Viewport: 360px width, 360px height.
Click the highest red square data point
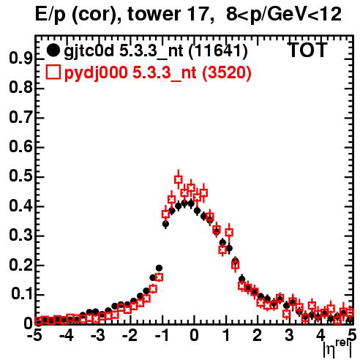[179, 179]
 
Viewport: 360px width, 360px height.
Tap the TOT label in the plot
[308, 50]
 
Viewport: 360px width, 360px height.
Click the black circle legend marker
[53, 50]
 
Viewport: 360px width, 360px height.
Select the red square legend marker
[53, 72]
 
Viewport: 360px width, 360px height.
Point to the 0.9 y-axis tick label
[20, 59]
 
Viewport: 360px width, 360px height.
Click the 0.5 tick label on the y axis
[20, 176]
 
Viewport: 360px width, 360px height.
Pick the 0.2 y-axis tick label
[20, 265]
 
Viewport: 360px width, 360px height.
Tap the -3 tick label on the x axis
[98, 335]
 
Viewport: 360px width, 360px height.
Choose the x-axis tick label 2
[257, 335]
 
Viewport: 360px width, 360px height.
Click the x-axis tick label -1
[162, 335]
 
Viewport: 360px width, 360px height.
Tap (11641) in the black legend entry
[218, 51]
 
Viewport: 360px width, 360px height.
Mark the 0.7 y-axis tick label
[20, 117]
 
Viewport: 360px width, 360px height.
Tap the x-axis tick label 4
[320, 335]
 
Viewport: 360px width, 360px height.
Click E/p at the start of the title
[50, 15]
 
